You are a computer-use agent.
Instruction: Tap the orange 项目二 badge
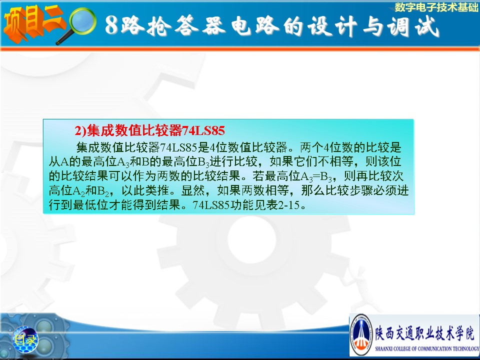pyautogui.click(x=33, y=24)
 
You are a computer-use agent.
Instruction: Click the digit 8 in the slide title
pyautogui.click(x=111, y=25)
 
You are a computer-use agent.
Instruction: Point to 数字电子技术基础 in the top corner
pyautogui.click(x=436, y=7)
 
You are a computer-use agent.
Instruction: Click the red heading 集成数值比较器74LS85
pyautogui.click(x=150, y=130)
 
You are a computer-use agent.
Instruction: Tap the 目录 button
pyautogui.click(x=24, y=339)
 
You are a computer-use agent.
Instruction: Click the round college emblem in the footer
pyautogui.click(x=361, y=335)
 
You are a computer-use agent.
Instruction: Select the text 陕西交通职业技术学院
pyautogui.click(x=425, y=332)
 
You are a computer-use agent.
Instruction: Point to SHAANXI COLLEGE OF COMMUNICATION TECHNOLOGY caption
pyautogui.click(x=427, y=348)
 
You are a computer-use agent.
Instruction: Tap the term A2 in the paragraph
pyautogui.click(x=78, y=191)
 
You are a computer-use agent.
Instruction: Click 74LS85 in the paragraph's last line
pyautogui.click(x=211, y=205)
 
